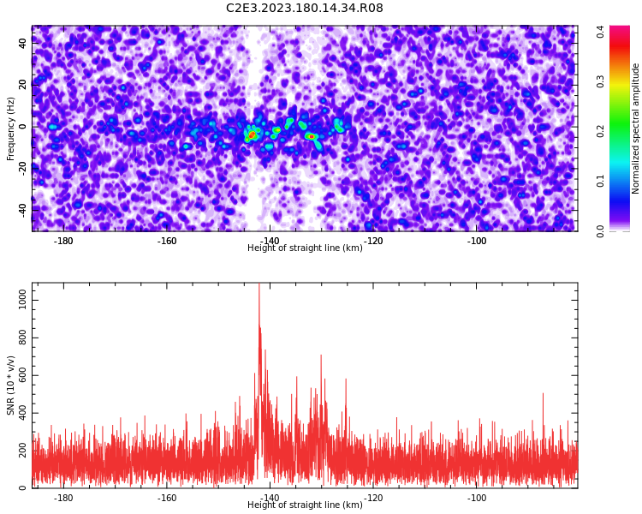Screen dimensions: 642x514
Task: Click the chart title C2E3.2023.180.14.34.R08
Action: (304, 8)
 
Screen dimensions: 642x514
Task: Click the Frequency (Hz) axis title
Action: (10, 128)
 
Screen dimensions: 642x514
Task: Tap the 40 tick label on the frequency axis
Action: (22, 43)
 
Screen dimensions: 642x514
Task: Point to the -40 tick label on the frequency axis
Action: (22, 212)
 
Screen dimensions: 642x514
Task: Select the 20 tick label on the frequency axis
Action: (22, 85)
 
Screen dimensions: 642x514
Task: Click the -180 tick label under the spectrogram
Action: (63, 241)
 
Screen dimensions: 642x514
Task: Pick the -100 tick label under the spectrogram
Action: (476, 241)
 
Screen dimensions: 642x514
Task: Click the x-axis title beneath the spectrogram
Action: (305, 248)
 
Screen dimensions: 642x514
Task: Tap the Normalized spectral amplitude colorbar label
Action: (635, 128)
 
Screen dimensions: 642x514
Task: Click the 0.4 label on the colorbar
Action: (600, 32)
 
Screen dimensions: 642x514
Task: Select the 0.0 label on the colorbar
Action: (600, 231)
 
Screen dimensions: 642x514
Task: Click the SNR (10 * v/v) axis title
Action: (10, 385)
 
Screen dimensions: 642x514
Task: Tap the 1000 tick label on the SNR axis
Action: (22, 300)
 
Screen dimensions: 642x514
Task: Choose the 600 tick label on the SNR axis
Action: (22, 375)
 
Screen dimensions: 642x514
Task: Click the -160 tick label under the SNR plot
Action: (166, 498)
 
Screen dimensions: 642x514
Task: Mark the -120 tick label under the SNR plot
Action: (373, 498)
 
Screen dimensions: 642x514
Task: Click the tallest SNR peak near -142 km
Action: (259, 284)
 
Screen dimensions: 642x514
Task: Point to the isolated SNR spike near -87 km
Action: (543, 394)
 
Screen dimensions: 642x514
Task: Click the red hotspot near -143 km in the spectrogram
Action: (252, 134)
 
